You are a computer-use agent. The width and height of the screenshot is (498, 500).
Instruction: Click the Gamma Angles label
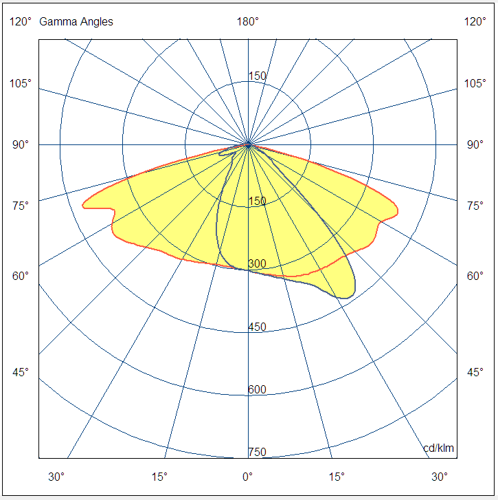click(76, 22)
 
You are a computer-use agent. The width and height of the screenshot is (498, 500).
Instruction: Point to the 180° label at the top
click(248, 22)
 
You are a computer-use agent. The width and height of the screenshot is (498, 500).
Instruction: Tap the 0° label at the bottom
click(247, 476)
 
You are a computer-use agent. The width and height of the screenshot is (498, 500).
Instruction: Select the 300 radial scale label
click(257, 264)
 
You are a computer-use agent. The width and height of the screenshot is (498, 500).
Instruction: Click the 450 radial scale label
click(257, 327)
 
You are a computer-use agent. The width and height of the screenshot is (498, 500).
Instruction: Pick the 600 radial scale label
click(257, 390)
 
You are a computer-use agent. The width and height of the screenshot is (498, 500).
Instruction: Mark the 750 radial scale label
click(257, 452)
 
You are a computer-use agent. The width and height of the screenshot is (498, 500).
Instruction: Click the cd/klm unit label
click(438, 449)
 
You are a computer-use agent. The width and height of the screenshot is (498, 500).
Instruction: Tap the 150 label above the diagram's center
click(257, 76)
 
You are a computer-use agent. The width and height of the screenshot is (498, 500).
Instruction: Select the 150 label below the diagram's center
click(257, 202)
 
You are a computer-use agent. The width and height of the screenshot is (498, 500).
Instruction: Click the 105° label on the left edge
click(21, 84)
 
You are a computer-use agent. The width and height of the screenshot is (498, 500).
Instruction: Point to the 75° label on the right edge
click(475, 206)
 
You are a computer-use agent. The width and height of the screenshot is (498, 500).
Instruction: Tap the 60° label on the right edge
click(475, 276)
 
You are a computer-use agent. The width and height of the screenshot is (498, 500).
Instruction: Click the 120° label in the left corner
click(21, 22)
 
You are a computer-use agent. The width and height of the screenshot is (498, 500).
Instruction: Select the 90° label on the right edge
click(475, 145)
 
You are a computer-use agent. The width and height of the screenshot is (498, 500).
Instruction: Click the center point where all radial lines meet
click(248, 144)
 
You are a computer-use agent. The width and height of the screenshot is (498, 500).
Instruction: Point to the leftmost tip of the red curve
click(83, 204)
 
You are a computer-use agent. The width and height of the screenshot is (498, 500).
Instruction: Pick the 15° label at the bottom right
click(337, 476)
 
